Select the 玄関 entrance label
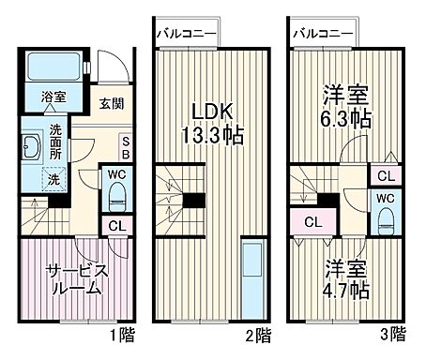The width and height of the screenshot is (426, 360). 112,105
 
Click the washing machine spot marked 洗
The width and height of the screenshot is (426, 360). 53,178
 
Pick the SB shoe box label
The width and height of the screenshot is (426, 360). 124,149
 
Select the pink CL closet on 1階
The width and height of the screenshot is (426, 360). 115,225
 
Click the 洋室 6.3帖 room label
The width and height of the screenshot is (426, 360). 347,107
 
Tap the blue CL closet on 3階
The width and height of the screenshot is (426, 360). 387,175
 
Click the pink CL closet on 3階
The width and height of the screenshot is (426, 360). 315,222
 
